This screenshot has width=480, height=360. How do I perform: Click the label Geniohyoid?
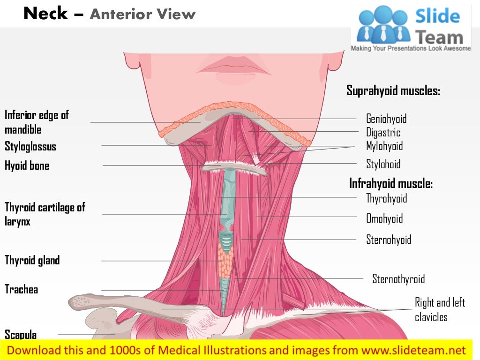pos(386,119)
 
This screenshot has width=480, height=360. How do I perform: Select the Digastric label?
pos(383,133)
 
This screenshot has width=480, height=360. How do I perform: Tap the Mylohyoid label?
pos(384,146)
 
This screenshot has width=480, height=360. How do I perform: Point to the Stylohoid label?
pos(383,164)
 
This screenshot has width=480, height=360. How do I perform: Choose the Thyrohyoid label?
pos(386,198)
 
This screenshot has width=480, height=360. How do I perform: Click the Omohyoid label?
pos(384,218)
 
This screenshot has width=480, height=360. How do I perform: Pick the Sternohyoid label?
pos(388,240)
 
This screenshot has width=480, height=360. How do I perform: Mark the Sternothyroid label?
pos(398,279)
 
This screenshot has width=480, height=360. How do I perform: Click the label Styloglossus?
pos(30,147)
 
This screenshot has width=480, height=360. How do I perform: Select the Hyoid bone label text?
pos(27,165)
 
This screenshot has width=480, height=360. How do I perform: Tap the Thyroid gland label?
pos(32,260)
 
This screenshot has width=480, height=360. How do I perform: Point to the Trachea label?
pos(21,289)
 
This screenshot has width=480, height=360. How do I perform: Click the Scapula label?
pos(21,334)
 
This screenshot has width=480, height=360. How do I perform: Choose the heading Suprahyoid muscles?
pos(393,90)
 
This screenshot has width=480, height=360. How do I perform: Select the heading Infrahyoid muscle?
pos(390,183)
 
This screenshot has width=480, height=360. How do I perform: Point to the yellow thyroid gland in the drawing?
pos(225,262)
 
